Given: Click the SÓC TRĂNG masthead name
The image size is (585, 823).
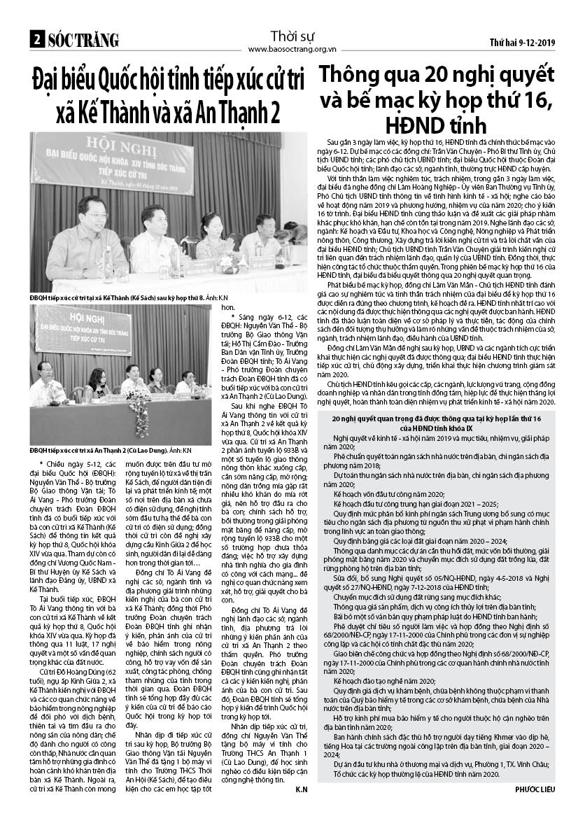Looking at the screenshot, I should point(83,41).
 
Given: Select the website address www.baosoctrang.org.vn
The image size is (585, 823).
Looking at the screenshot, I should point(292,49).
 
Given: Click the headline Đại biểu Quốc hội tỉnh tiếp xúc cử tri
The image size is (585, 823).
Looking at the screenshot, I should point(168,80).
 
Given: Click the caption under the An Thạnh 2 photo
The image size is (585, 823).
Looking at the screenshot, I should point(111,449).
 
